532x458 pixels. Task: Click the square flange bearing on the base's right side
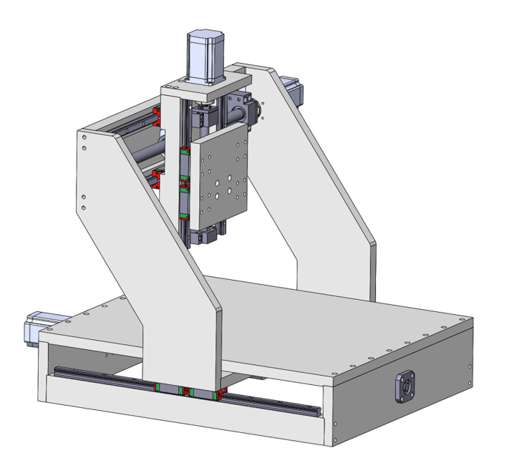click(x=405, y=386)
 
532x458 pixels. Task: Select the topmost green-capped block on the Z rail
click(x=185, y=151)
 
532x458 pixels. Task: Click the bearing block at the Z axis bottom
click(x=204, y=235)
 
